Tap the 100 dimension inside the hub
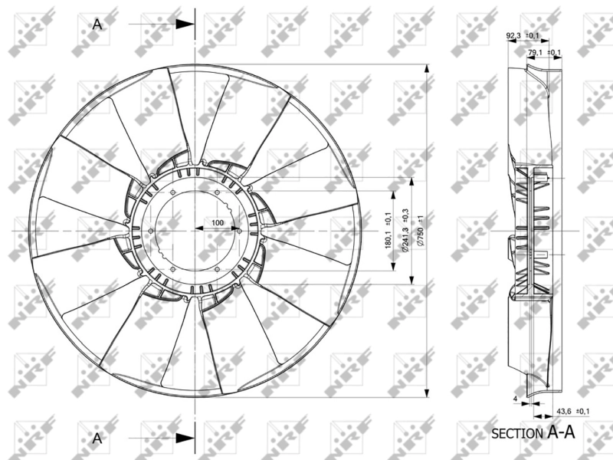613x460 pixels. (x=217, y=222)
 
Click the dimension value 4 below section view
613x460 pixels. (x=515, y=399)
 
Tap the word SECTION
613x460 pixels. (x=517, y=434)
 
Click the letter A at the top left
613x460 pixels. (x=97, y=24)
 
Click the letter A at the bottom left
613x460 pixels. (x=97, y=439)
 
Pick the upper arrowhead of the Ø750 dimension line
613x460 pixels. (x=426, y=67)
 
